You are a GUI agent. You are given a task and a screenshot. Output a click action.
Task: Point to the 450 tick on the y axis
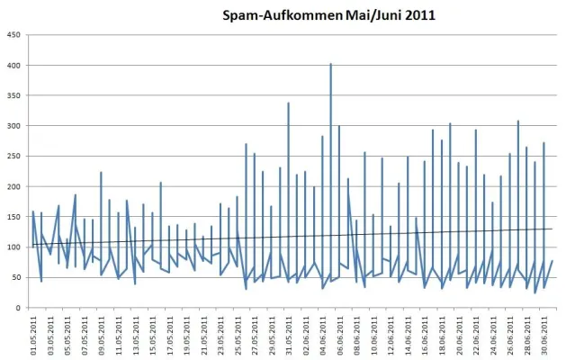click(x=14, y=36)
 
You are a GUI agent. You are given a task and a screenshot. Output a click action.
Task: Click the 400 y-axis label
click(x=14, y=66)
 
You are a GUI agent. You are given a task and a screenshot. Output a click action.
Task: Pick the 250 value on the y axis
click(x=14, y=157)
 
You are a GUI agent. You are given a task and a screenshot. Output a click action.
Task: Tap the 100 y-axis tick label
click(x=14, y=247)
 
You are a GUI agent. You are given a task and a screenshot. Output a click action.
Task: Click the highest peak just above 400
click(x=330, y=64)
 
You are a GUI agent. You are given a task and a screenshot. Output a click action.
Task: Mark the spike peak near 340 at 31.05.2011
click(x=288, y=103)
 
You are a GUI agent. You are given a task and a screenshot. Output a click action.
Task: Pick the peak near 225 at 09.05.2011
click(x=101, y=172)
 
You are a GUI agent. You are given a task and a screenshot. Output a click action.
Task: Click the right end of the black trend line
click(x=553, y=229)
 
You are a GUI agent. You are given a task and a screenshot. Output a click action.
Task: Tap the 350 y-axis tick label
click(x=14, y=96)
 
